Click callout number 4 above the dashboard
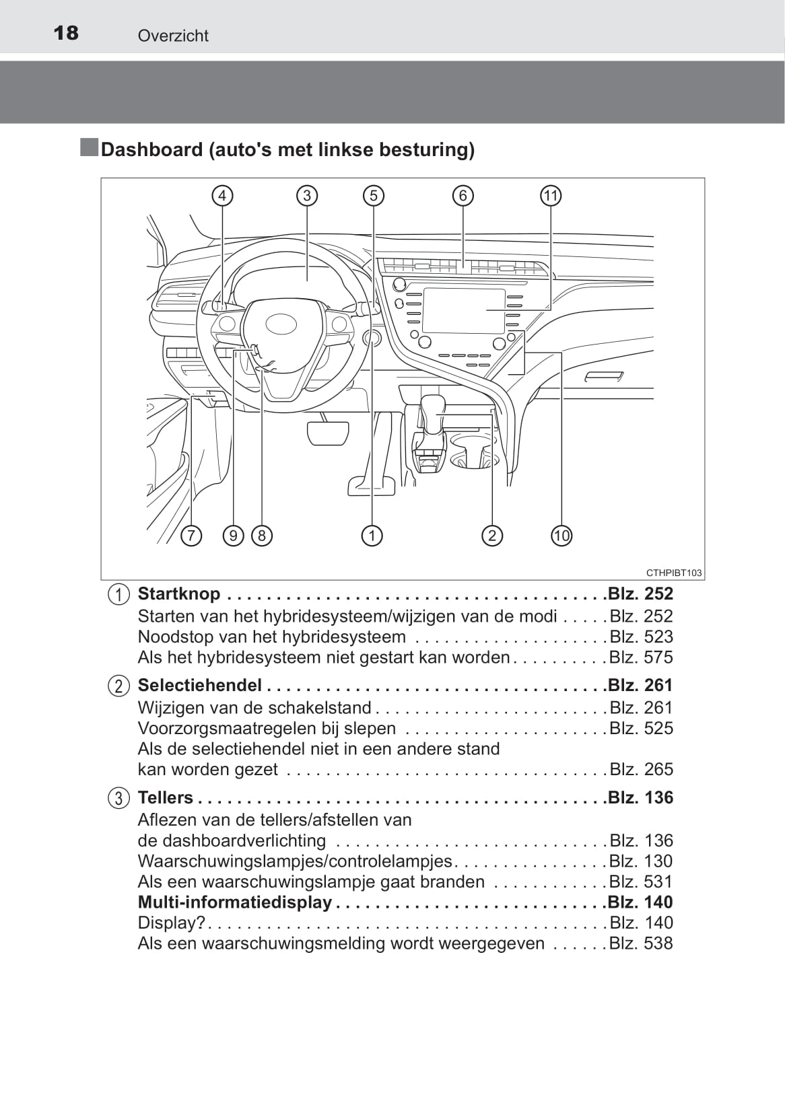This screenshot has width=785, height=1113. coord(221,196)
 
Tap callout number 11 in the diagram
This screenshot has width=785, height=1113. coord(551,196)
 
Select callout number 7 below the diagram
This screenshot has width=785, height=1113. coord(191,536)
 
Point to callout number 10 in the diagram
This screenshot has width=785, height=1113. coord(561,536)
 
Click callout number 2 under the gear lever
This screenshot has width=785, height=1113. coord(492,536)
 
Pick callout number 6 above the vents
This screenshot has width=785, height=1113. coord(463,196)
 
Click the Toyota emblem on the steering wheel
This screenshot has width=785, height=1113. coord(281,324)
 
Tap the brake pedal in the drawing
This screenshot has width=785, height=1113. coord(328,433)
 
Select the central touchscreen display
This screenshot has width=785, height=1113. coord(463,310)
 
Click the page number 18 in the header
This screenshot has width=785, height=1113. coord(66,33)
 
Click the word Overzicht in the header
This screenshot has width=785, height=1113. coord(173,36)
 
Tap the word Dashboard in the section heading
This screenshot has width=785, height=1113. coord(151,149)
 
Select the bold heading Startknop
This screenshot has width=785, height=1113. coord(179,594)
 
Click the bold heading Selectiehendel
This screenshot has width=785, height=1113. coord(199,685)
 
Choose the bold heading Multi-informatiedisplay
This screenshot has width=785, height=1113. coord(234,902)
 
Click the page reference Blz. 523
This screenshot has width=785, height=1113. coord(641,637)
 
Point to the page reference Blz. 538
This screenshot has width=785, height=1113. coord(641,943)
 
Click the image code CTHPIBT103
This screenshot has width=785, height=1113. coord(674,573)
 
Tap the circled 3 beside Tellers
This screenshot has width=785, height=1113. coord(118,798)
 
